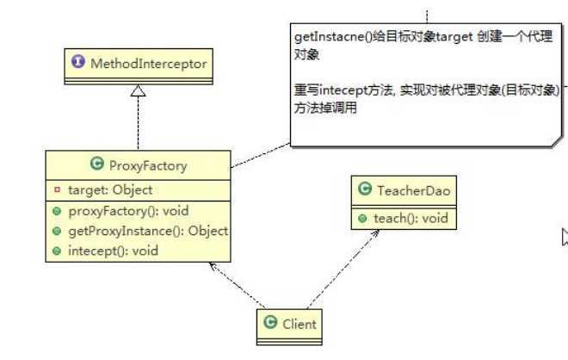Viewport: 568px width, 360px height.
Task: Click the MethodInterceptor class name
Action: (x=147, y=64)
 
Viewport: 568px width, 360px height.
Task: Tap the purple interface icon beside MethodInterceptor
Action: (x=80, y=64)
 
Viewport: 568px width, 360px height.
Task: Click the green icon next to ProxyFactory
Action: (x=96, y=165)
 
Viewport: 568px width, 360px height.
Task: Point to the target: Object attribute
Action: (x=109, y=189)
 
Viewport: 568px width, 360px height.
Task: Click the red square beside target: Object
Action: (x=57, y=189)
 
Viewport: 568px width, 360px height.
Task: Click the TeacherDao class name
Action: (x=413, y=191)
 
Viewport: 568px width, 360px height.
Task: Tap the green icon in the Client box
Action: (x=270, y=324)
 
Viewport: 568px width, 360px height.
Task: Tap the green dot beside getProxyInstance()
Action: (x=56, y=231)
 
